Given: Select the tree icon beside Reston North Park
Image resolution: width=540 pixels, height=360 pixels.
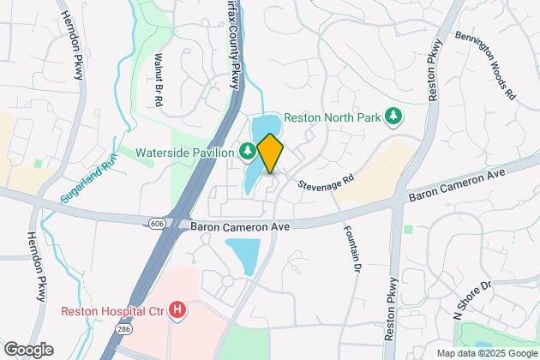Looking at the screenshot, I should point(394,116).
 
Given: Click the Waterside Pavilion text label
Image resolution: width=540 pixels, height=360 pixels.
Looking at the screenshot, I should point(184,152).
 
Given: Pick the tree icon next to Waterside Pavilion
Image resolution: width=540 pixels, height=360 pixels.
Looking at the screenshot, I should point(247,152).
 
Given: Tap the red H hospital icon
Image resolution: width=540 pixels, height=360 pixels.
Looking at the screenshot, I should point(177,309).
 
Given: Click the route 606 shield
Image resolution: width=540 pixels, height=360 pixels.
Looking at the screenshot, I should point(156,223).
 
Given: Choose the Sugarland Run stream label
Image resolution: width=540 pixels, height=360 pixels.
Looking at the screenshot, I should point(87,183).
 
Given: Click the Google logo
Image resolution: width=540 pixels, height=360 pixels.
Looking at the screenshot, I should point(28,350).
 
